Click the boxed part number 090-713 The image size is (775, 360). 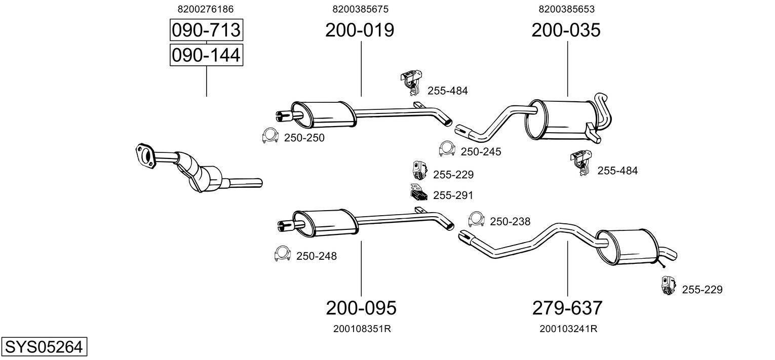tap(206, 30)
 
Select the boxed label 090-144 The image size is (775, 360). tap(206, 55)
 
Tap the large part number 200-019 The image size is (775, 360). tap(360, 30)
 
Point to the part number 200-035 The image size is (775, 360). tap(566, 30)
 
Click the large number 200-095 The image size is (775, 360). tap(361, 308)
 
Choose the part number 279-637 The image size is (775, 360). tap(567, 308)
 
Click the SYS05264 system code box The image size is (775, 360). tap(44, 346)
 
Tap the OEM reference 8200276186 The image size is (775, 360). tap(206, 9)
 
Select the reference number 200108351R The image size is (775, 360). tap(362, 329)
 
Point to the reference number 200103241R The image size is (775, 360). tap(568, 329)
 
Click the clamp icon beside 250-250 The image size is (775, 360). tap(270, 136)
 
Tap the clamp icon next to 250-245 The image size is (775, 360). tap(447, 149)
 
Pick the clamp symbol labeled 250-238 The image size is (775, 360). tap(477, 219)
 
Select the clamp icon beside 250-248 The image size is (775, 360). tap(283, 254)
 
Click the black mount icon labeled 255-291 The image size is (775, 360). tap(419, 192)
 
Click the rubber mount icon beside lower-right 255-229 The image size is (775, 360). tap(668, 286)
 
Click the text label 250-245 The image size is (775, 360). tap(481, 152)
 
